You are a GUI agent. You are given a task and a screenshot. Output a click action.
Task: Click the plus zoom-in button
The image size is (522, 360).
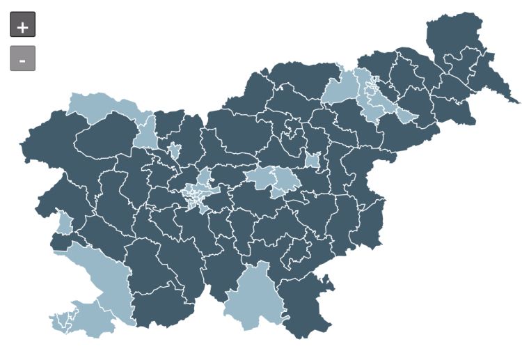click(22, 25)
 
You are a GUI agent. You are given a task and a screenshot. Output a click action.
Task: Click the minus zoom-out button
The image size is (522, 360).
click(22, 58)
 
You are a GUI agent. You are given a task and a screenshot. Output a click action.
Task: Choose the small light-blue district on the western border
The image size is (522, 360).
click(64, 223)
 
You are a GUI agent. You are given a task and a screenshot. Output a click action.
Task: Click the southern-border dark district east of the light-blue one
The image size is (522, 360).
click(306, 306)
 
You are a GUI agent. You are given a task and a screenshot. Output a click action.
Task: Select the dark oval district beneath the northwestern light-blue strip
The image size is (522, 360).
click(104, 136)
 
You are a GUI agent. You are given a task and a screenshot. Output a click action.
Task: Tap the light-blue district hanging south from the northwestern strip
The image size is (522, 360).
click(146, 132)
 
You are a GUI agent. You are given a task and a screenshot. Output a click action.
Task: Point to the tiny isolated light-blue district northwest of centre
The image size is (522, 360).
click(174, 150)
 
